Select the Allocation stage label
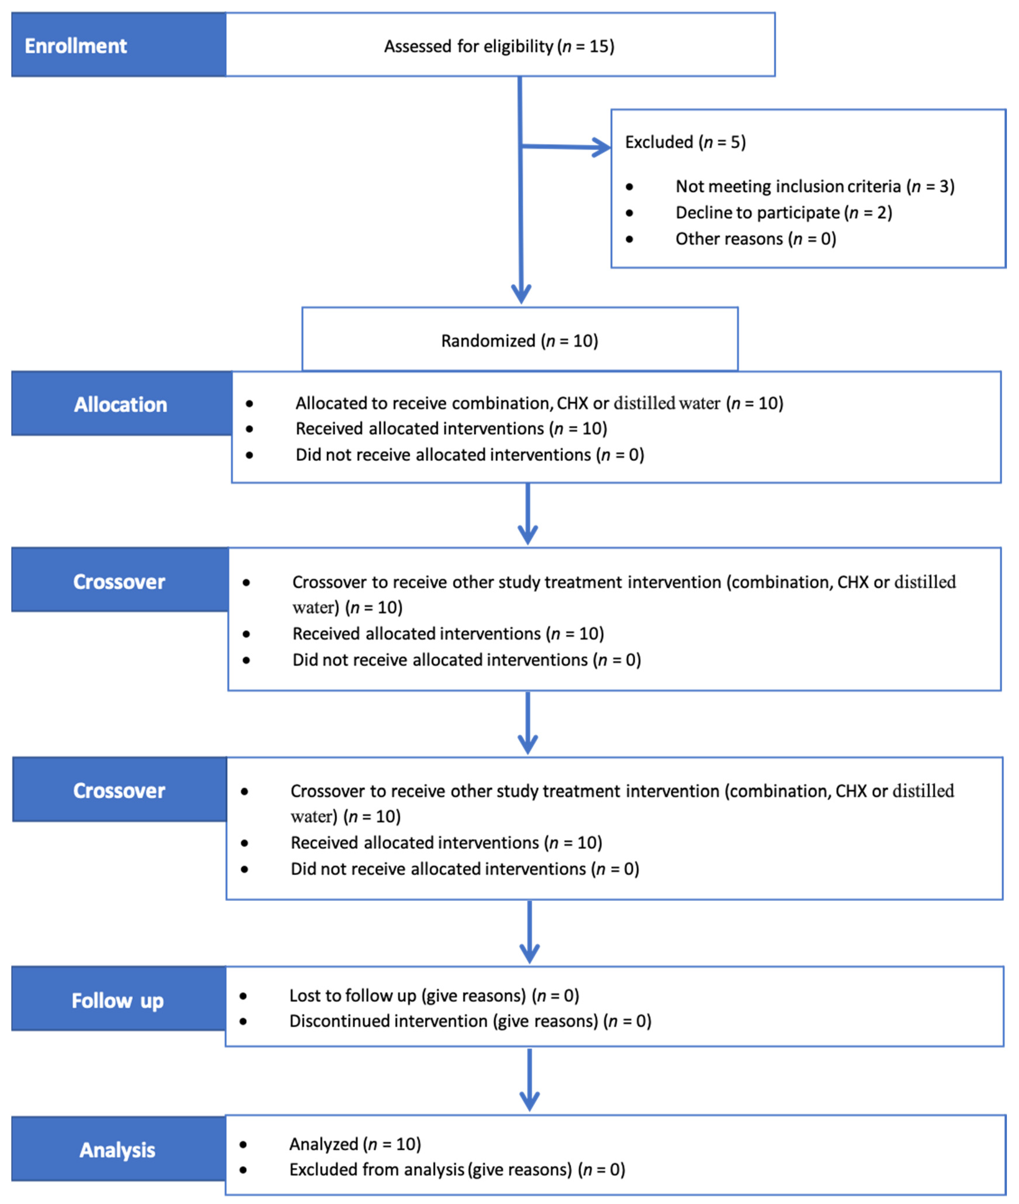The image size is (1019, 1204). (121, 404)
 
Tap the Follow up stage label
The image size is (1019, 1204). (118, 1000)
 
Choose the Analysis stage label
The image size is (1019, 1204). (118, 1150)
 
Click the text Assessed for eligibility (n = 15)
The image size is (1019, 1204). (499, 46)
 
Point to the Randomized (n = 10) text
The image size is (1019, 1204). (519, 341)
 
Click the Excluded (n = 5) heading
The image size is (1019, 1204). (685, 142)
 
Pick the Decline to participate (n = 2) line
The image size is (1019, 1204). (783, 213)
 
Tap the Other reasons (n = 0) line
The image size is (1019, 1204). (756, 239)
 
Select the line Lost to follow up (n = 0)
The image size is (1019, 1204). (434, 995)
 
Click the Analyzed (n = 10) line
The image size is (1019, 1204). (355, 1144)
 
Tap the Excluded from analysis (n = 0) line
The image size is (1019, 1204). (457, 1169)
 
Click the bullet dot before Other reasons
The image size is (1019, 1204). (629, 239)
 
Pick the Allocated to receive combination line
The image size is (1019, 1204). (539, 403)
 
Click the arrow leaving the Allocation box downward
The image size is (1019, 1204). (527, 514)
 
